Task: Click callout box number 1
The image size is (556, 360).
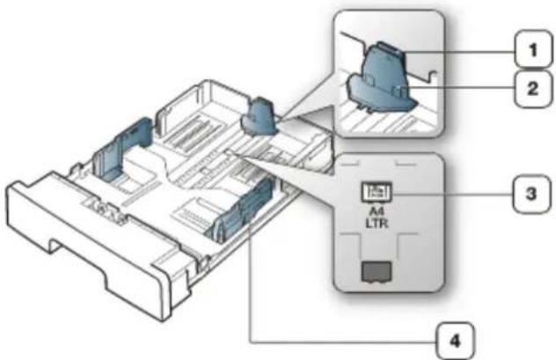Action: pos(534,49)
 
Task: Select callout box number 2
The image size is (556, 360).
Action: pos(534,89)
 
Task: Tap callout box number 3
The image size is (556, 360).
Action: pos(531,194)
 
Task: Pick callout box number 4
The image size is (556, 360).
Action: pos(455,342)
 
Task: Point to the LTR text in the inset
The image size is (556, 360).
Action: pos(377,223)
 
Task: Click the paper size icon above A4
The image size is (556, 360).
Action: pos(377,192)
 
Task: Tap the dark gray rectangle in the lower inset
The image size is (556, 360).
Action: pos(377,272)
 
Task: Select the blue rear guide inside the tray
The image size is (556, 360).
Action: pos(258,117)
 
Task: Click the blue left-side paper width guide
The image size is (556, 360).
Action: pos(122,147)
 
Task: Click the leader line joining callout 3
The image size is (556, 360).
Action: pos(452,195)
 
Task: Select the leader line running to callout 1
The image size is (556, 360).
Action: pos(460,53)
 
